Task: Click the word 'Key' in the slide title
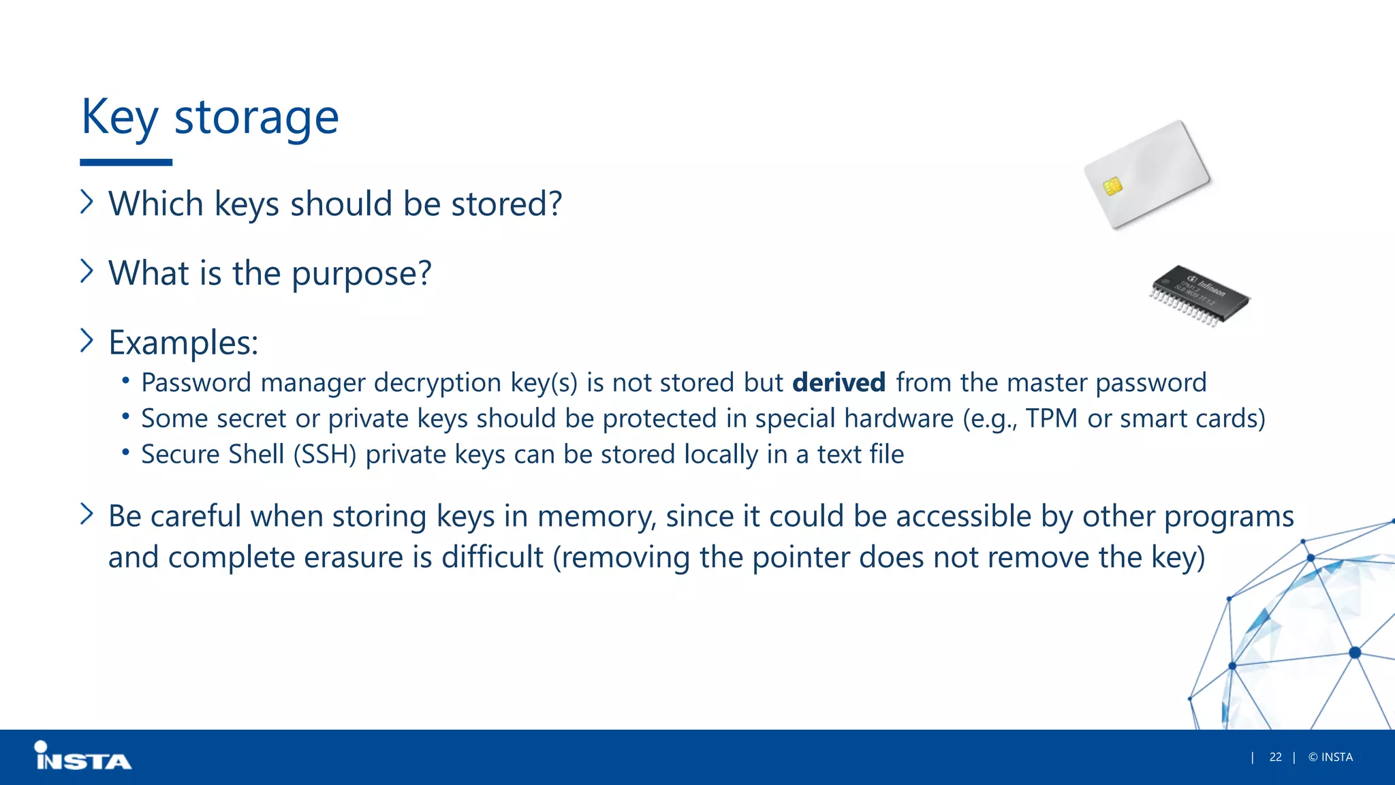[119, 118]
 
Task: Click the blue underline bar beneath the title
[126, 162]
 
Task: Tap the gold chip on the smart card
[1112, 186]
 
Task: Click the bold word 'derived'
[838, 383]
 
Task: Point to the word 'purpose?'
[361, 274]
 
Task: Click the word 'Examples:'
[183, 342]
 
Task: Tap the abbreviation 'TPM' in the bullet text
[1051, 418]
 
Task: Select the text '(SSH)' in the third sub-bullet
[325, 455]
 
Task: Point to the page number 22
[1275, 757]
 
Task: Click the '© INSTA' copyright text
[1330, 757]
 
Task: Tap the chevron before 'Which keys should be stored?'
[87, 202]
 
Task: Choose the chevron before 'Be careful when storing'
[87, 514]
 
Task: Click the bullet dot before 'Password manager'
[125, 380]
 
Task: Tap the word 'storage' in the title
[256, 118]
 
